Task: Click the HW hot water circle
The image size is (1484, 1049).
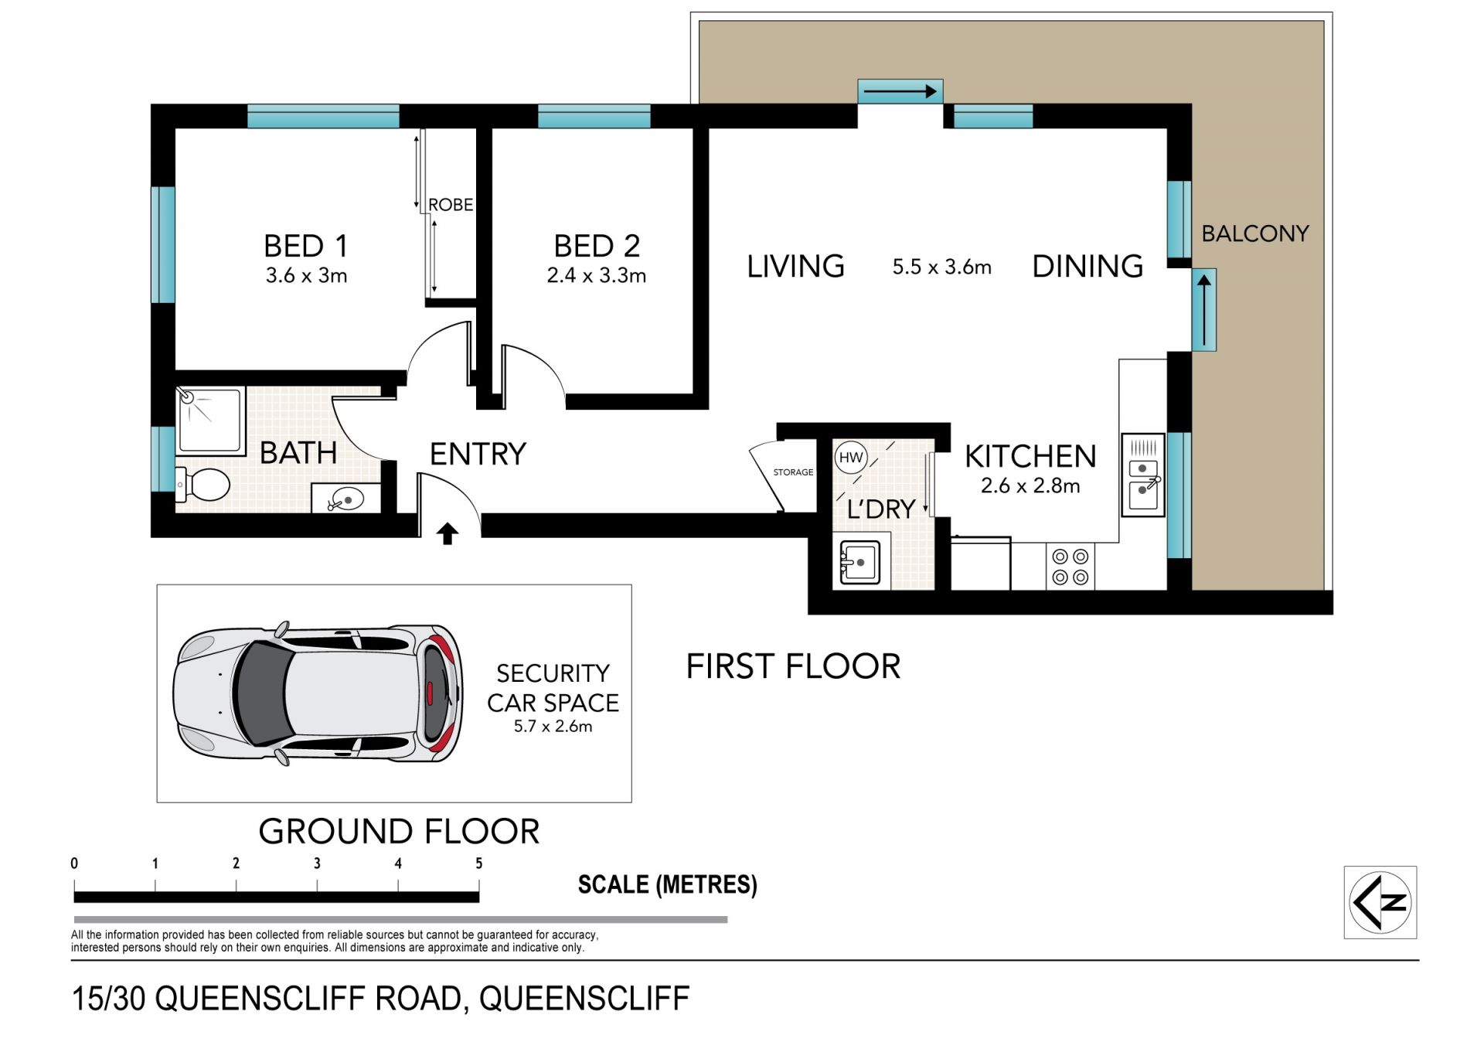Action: (851, 458)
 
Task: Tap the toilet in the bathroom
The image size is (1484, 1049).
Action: (203, 485)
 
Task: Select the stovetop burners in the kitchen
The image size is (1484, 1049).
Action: (1070, 567)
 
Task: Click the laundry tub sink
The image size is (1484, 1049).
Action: (860, 563)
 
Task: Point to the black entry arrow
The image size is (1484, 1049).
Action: (448, 533)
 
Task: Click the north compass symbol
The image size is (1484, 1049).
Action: (1380, 902)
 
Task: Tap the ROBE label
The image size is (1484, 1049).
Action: (451, 205)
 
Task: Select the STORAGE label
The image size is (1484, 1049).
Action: (793, 472)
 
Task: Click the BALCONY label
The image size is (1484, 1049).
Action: (1255, 233)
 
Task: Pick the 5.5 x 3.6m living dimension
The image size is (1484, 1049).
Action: (941, 267)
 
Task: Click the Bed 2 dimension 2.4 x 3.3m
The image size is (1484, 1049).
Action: (596, 275)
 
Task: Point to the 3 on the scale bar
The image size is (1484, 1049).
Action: (317, 863)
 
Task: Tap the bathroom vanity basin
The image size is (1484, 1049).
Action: (345, 500)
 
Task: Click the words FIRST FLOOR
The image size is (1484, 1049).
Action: (794, 666)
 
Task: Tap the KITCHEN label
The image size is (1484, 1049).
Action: (1030, 456)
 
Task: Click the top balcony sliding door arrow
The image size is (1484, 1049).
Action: (900, 92)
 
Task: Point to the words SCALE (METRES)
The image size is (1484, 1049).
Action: (668, 884)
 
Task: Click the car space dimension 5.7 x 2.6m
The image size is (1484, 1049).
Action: (553, 727)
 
